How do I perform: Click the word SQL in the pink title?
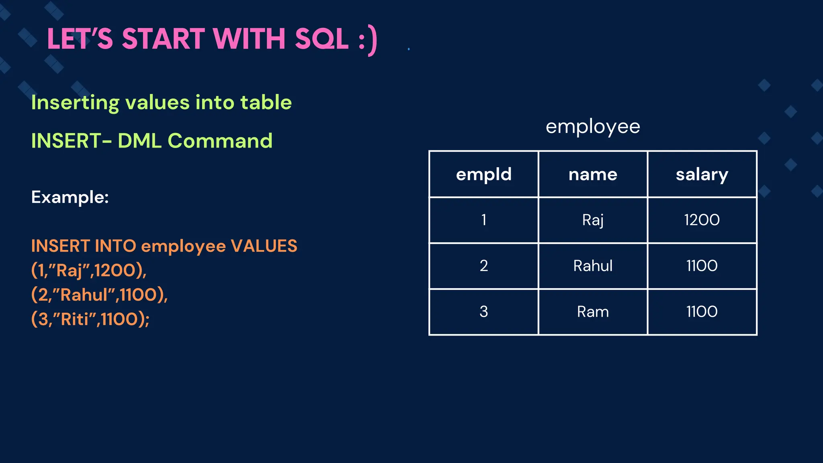click(321, 39)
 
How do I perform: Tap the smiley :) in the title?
click(368, 40)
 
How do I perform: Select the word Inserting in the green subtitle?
click(75, 103)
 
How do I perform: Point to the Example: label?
click(70, 197)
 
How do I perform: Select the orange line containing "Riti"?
click(90, 320)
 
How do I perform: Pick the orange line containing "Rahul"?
click(99, 295)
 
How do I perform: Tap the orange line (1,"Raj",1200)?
click(89, 270)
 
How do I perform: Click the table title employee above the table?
click(592, 127)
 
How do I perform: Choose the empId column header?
click(483, 174)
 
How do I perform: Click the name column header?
click(592, 174)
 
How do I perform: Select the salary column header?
click(702, 174)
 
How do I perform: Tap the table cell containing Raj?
click(592, 220)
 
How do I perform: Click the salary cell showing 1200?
click(702, 220)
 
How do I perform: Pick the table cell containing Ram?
click(592, 312)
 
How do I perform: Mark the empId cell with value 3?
click(483, 312)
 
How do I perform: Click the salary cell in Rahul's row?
click(702, 266)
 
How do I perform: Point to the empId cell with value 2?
click(483, 266)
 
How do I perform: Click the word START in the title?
click(163, 39)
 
